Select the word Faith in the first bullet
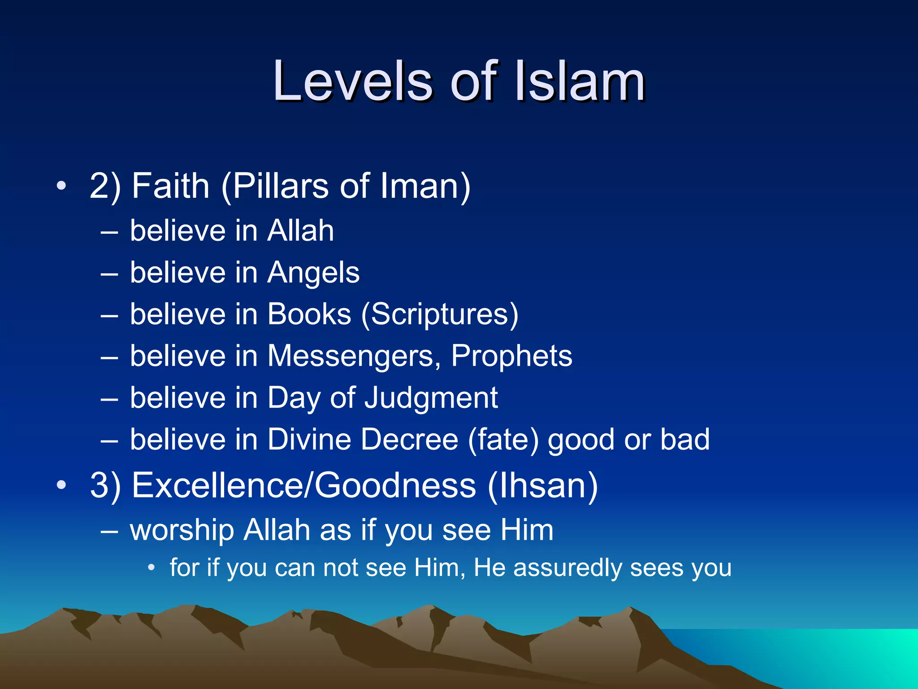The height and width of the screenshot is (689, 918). pos(171,186)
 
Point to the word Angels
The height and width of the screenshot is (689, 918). pos(313,273)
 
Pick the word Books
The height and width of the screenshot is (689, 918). pos(309,314)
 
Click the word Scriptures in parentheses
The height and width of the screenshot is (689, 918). pos(440,314)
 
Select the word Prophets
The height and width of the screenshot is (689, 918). pos(512,356)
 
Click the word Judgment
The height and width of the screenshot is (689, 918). pos(431,398)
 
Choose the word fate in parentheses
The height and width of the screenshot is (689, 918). pos(503,439)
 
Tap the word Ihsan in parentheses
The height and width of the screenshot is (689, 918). pos(543,485)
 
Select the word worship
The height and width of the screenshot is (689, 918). pos(182,530)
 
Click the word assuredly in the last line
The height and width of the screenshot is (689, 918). pos(568,568)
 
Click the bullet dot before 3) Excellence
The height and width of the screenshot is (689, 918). pos(61,485)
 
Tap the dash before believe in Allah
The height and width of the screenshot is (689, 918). pos(109,232)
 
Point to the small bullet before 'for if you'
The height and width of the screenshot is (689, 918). pos(152,568)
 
